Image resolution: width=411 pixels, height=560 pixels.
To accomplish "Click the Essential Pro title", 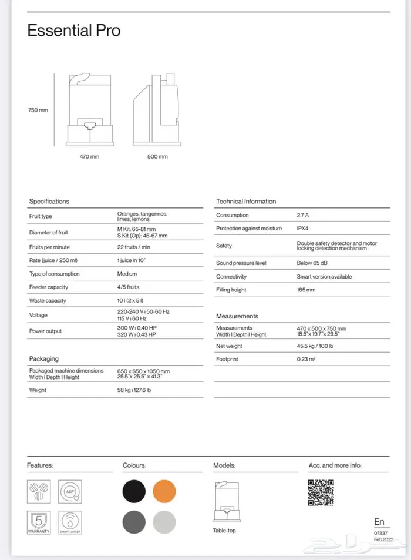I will coord(74,31).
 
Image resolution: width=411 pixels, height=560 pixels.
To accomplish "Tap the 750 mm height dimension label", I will coord(38,110).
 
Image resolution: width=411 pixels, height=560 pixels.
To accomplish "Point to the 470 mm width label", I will coord(89,157).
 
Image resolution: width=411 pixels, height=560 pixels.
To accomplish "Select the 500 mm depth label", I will coord(158,157).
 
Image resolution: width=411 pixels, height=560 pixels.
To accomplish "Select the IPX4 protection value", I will coord(305,229).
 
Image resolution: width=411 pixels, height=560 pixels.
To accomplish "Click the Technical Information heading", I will coord(246,202).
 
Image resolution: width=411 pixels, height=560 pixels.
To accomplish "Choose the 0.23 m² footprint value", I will coord(306,359).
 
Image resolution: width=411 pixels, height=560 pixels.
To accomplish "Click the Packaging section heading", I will coord(44,358).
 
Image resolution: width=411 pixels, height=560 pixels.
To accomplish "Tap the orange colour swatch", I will coord(164,491).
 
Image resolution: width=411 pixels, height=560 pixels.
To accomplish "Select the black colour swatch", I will coord(134,491).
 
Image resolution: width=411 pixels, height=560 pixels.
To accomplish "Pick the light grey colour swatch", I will coord(164,522).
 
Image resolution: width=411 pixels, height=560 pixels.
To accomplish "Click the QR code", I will coord(321,492).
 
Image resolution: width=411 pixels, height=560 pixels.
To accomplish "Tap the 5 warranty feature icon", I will coord(38,522).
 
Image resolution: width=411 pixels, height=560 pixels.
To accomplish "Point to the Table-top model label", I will coord(224,531).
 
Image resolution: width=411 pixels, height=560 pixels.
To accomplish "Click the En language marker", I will coord(380,522).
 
